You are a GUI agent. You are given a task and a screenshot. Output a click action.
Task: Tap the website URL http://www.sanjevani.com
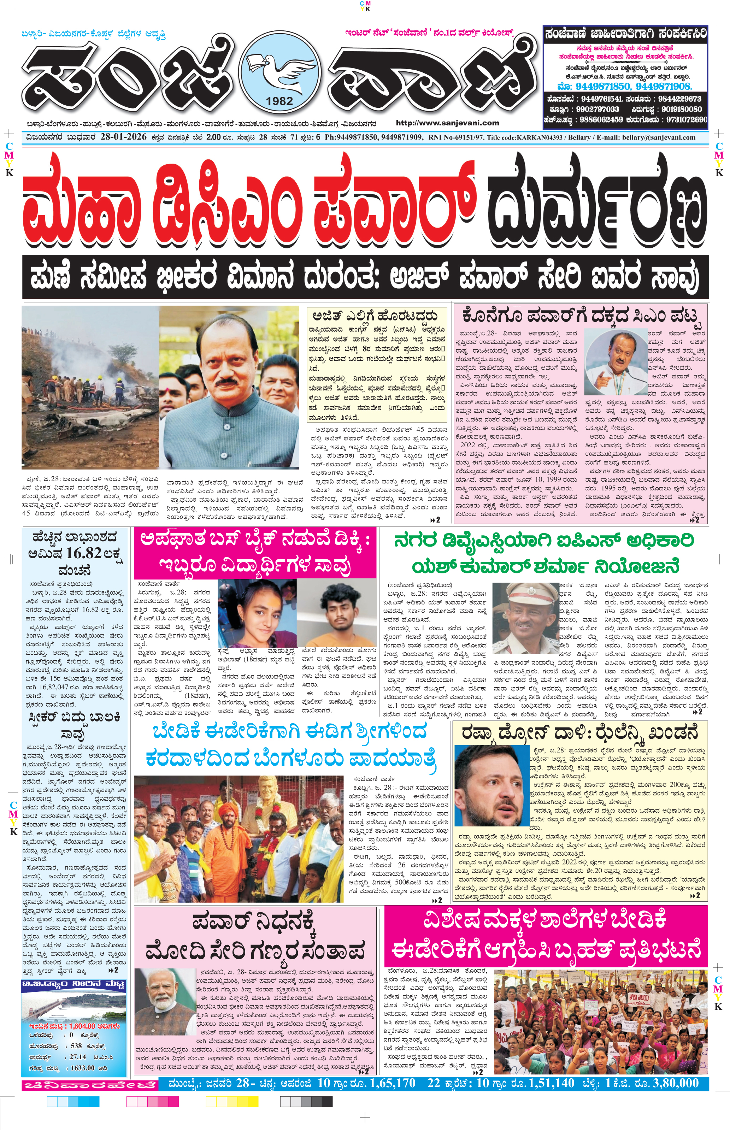click(447, 123)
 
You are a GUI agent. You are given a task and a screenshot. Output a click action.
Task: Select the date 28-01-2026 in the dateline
click(123, 137)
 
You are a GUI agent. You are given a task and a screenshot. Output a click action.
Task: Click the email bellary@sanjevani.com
click(663, 137)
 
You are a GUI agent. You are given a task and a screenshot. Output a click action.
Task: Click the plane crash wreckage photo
click(90, 386)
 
